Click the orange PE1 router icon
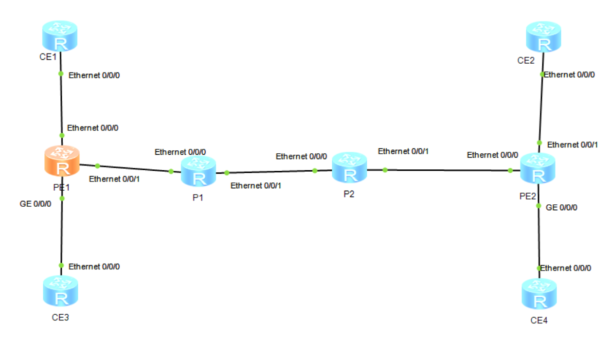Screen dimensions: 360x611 coord(62,162)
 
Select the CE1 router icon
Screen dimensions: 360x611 coord(60,36)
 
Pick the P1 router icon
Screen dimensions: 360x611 coord(198,171)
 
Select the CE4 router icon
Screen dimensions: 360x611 coord(539,293)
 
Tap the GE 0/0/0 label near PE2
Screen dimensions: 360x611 coord(562,208)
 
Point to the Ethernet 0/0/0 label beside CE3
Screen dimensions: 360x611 coord(94,267)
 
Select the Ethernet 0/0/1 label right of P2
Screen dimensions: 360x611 coord(403,151)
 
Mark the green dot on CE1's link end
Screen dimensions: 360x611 coord(61,74)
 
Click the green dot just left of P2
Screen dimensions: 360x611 coord(315,170)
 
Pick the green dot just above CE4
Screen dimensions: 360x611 coord(539,268)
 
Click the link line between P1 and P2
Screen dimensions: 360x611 coord(270,171)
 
